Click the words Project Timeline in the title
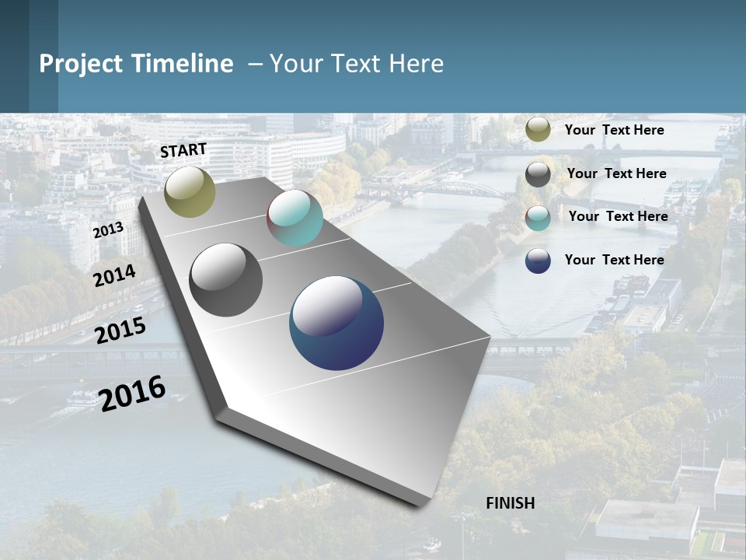(136, 64)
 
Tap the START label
(183, 150)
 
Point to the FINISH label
(511, 503)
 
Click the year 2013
(108, 230)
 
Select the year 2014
(114, 275)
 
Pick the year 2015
(120, 331)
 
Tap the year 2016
(132, 393)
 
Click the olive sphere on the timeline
(190, 191)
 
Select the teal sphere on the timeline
(295, 218)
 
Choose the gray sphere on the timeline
(226, 280)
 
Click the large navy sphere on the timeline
(336, 323)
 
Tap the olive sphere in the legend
(538, 129)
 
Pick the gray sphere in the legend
(538, 174)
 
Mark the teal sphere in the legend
(538, 218)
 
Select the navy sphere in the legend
(538, 261)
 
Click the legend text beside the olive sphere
(614, 130)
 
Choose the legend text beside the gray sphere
(616, 173)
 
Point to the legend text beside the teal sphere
(618, 216)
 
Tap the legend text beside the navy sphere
(614, 260)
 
